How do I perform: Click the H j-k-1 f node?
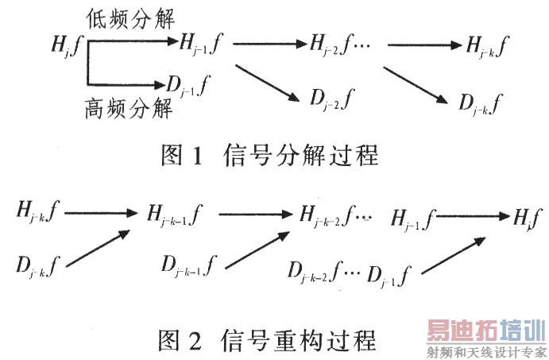click(175, 214)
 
